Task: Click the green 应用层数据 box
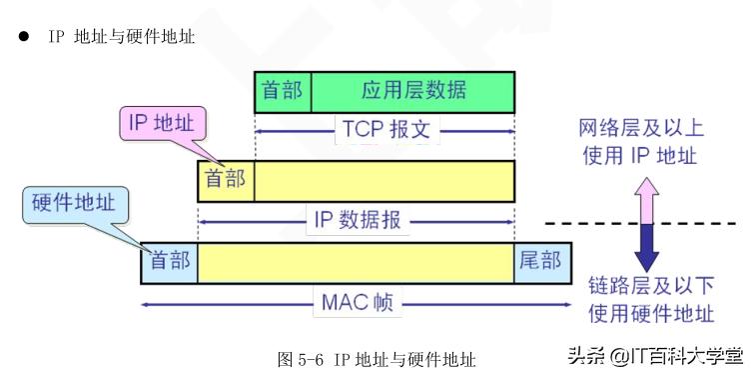pyautogui.click(x=413, y=91)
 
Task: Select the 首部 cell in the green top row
pyautogui.click(x=283, y=91)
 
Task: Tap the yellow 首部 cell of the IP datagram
pyautogui.click(x=226, y=181)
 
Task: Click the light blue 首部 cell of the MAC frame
pyautogui.click(x=169, y=261)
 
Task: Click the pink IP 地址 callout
pyautogui.click(x=164, y=124)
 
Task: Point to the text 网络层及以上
pyautogui.click(x=638, y=128)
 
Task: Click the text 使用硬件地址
pyautogui.click(x=650, y=313)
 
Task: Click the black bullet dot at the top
pyautogui.click(x=22, y=36)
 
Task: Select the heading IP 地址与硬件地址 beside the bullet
pyautogui.click(x=120, y=36)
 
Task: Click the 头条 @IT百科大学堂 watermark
pyautogui.click(x=655, y=356)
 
